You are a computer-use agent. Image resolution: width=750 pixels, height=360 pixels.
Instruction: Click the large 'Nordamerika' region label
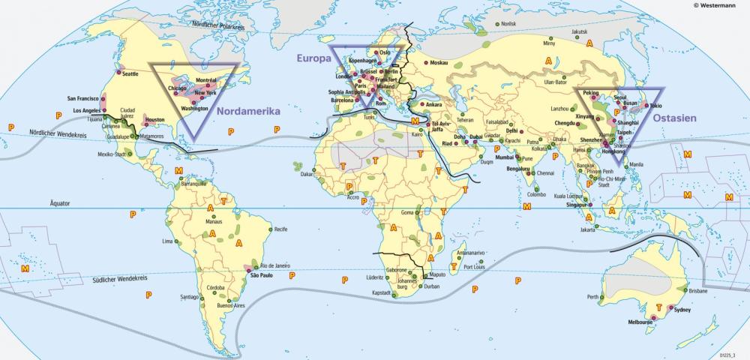click(248, 111)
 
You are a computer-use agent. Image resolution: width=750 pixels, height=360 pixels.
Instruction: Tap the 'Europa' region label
click(313, 58)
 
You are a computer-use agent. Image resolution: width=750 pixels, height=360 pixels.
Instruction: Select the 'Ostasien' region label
click(674, 118)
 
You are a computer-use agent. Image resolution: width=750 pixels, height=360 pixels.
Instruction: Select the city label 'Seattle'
click(130, 73)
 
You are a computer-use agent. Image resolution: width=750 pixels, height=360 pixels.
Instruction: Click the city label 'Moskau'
click(439, 62)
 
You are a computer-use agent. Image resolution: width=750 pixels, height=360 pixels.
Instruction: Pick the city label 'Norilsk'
click(509, 24)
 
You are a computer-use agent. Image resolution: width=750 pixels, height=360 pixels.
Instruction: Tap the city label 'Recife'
click(281, 228)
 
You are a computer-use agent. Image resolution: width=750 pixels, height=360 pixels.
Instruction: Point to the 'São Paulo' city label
click(259, 275)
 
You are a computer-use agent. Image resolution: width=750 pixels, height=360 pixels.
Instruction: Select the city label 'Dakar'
click(307, 174)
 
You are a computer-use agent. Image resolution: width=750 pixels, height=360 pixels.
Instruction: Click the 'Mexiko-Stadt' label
click(109, 154)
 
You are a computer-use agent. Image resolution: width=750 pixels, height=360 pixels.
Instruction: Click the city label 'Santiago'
click(188, 297)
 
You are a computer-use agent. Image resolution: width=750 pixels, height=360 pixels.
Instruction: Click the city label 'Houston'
click(154, 119)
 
